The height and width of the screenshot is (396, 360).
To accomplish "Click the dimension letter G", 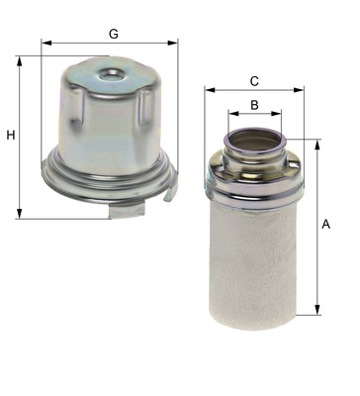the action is (114, 34).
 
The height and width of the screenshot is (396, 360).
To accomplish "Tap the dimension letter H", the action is (11, 135).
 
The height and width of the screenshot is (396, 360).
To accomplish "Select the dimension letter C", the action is (254, 81).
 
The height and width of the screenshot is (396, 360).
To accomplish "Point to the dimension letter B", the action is (254, 105).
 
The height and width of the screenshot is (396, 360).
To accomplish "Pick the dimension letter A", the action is (325, 224).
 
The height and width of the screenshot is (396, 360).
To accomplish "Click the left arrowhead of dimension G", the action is (46, 43).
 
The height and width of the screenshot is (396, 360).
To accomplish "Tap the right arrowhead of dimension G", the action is (172, 43).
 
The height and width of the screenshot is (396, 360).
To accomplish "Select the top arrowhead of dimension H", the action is (20, 61).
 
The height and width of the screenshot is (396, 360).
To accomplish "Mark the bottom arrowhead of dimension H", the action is (20, 213).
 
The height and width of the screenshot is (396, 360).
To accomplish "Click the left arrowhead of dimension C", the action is (210, 90).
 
